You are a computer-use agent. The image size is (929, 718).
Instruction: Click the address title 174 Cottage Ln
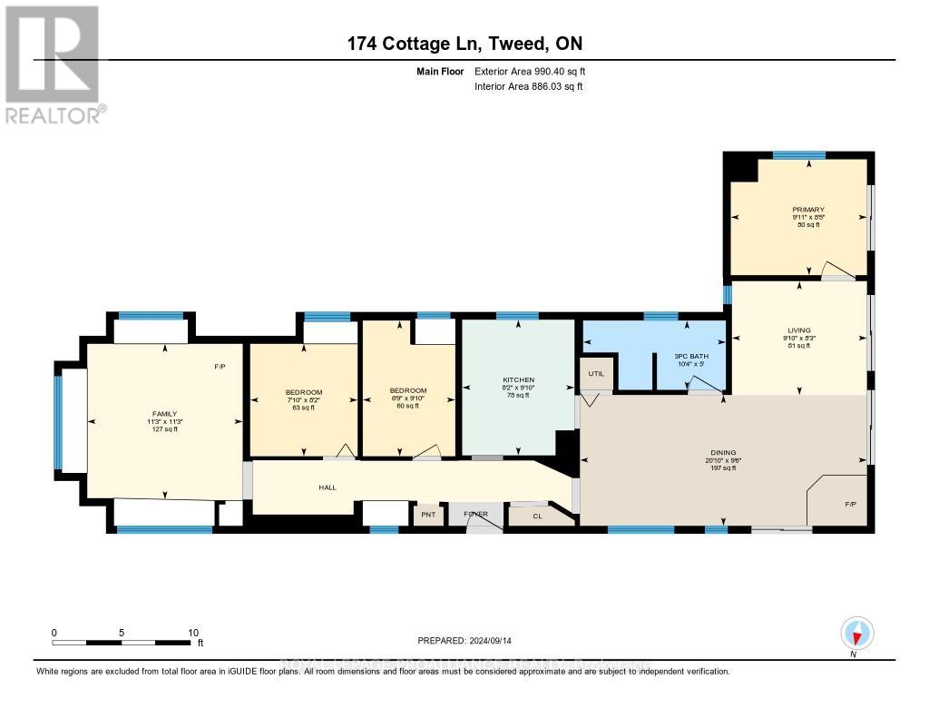[x=464, y=44]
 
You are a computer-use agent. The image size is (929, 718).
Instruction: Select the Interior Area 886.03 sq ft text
[x=528, y=86]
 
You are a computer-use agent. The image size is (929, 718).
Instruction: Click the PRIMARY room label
[x=807, y=210]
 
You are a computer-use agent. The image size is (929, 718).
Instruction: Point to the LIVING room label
[x=799, y=330]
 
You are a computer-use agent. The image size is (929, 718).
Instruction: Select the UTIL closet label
[x=596, y=373]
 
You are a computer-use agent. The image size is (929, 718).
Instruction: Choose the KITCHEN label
[x=518, y=379]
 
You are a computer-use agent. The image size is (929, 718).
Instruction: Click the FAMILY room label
[x=164, y=413]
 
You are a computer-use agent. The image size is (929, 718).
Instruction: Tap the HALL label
[x=328, y=487]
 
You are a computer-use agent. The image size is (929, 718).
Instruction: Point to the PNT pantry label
[x=428, y=515]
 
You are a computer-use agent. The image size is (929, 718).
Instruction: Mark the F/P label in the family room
[x=220, y=367]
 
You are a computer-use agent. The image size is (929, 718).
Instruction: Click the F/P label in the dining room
[x=850, y=504]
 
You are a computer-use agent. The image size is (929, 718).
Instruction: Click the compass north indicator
[x=856, y=634]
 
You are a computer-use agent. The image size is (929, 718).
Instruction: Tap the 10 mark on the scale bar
[x=191, y=633]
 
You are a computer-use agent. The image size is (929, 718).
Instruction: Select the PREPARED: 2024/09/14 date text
[x=464, y=640]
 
